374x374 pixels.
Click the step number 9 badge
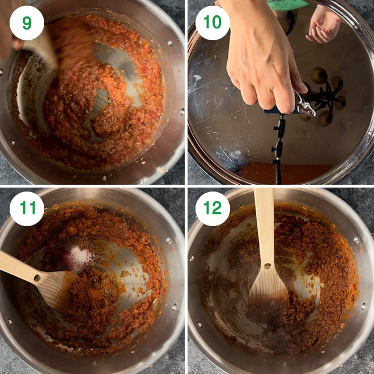26,23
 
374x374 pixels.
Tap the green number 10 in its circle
212,23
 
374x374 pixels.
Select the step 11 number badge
26,208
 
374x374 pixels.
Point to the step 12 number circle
212,208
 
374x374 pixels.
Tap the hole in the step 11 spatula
37,278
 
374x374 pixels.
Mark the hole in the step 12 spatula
267,265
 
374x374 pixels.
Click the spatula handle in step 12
263,221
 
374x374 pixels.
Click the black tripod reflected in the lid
278,147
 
